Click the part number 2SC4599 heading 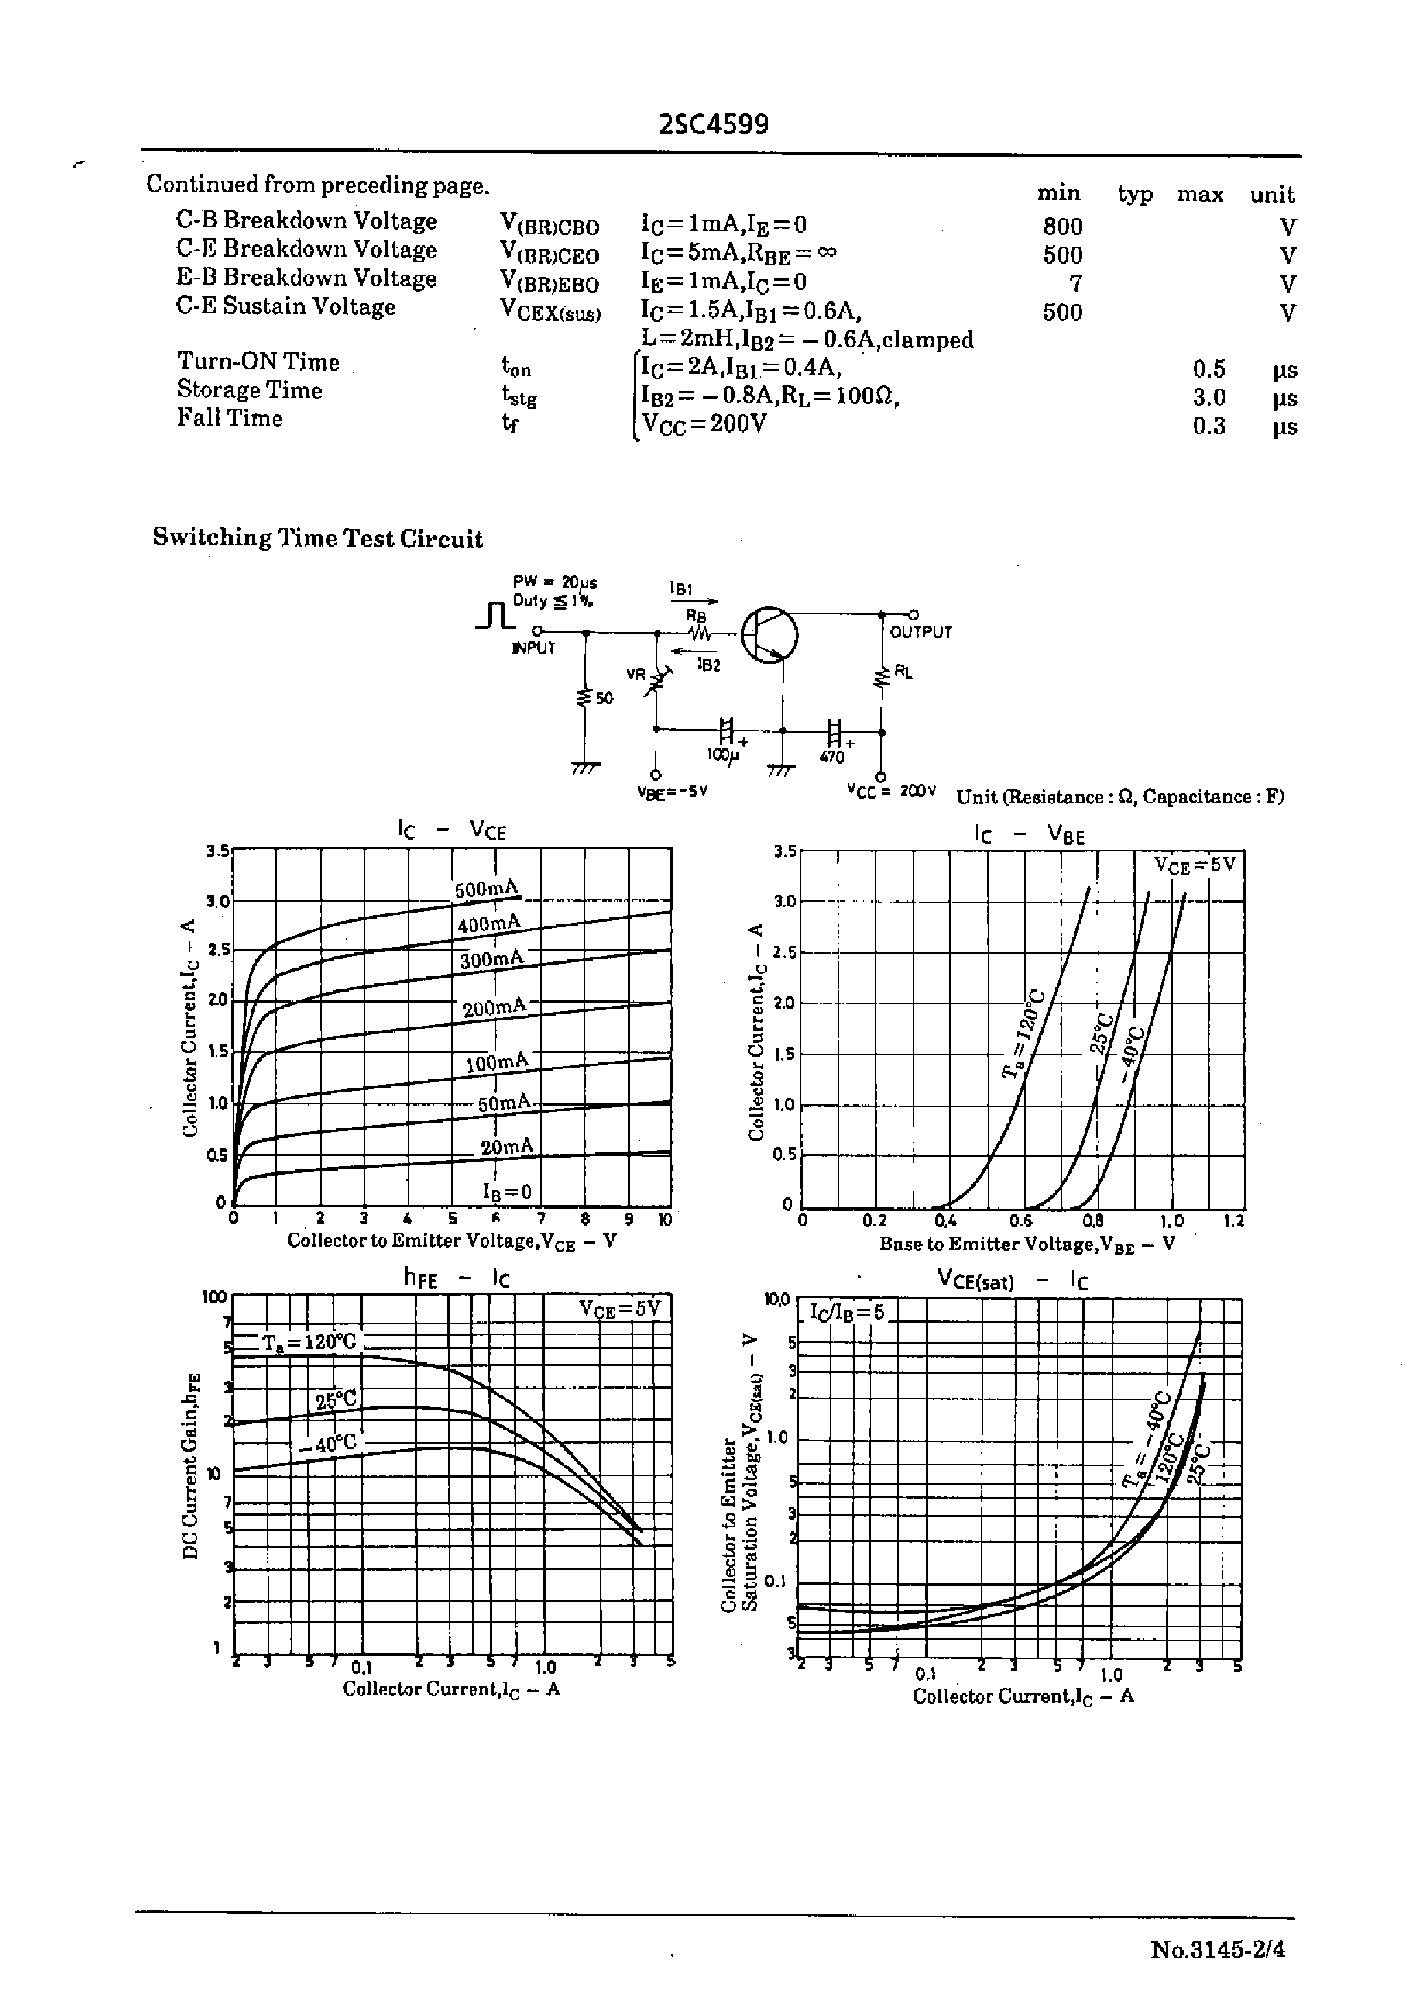click(713, 124)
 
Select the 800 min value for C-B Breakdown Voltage click(1062, 227)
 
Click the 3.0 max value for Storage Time click(1209, 398)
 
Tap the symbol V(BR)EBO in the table click(549, 282)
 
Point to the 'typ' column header click(1134, 194)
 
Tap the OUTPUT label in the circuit click(920, 632)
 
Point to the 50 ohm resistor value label click(604, 698)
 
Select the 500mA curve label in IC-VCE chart click(486, 889)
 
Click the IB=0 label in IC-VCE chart click(507, 1191)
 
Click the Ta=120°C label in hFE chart click(310, 1342)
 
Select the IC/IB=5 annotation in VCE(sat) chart click(846, 1313)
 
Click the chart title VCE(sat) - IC click(1012, 1281)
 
